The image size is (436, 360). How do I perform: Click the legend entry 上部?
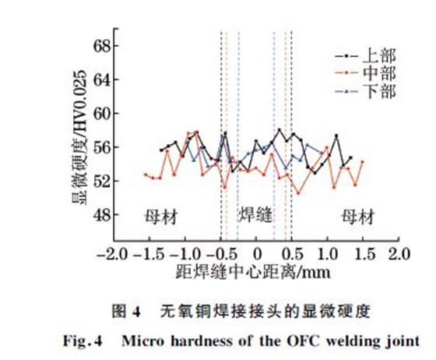[378, 56]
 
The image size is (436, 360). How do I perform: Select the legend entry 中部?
[378, 74]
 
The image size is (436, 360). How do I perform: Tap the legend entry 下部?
[378, 92]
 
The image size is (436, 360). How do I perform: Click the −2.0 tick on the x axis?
[114, 254]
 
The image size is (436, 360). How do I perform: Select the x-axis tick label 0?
[257, 254]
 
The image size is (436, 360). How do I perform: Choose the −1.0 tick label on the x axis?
[185, 254]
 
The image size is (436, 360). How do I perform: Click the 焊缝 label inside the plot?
[255, 214]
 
